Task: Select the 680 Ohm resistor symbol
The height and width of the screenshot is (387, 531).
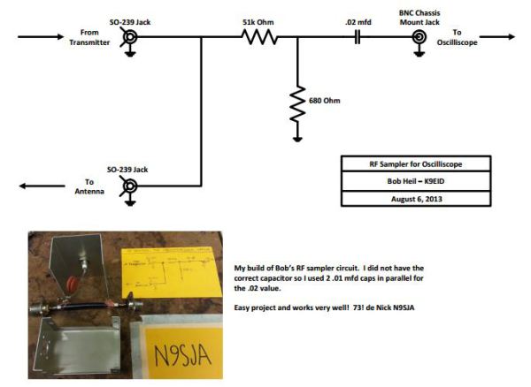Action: click(x=298, y=100)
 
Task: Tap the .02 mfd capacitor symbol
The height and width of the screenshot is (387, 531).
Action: click(x=357, y=37)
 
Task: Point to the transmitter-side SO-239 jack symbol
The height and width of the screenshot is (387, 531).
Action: click(x=129, y=37)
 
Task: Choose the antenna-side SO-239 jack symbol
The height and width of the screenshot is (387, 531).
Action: click(x=129, y=186)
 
